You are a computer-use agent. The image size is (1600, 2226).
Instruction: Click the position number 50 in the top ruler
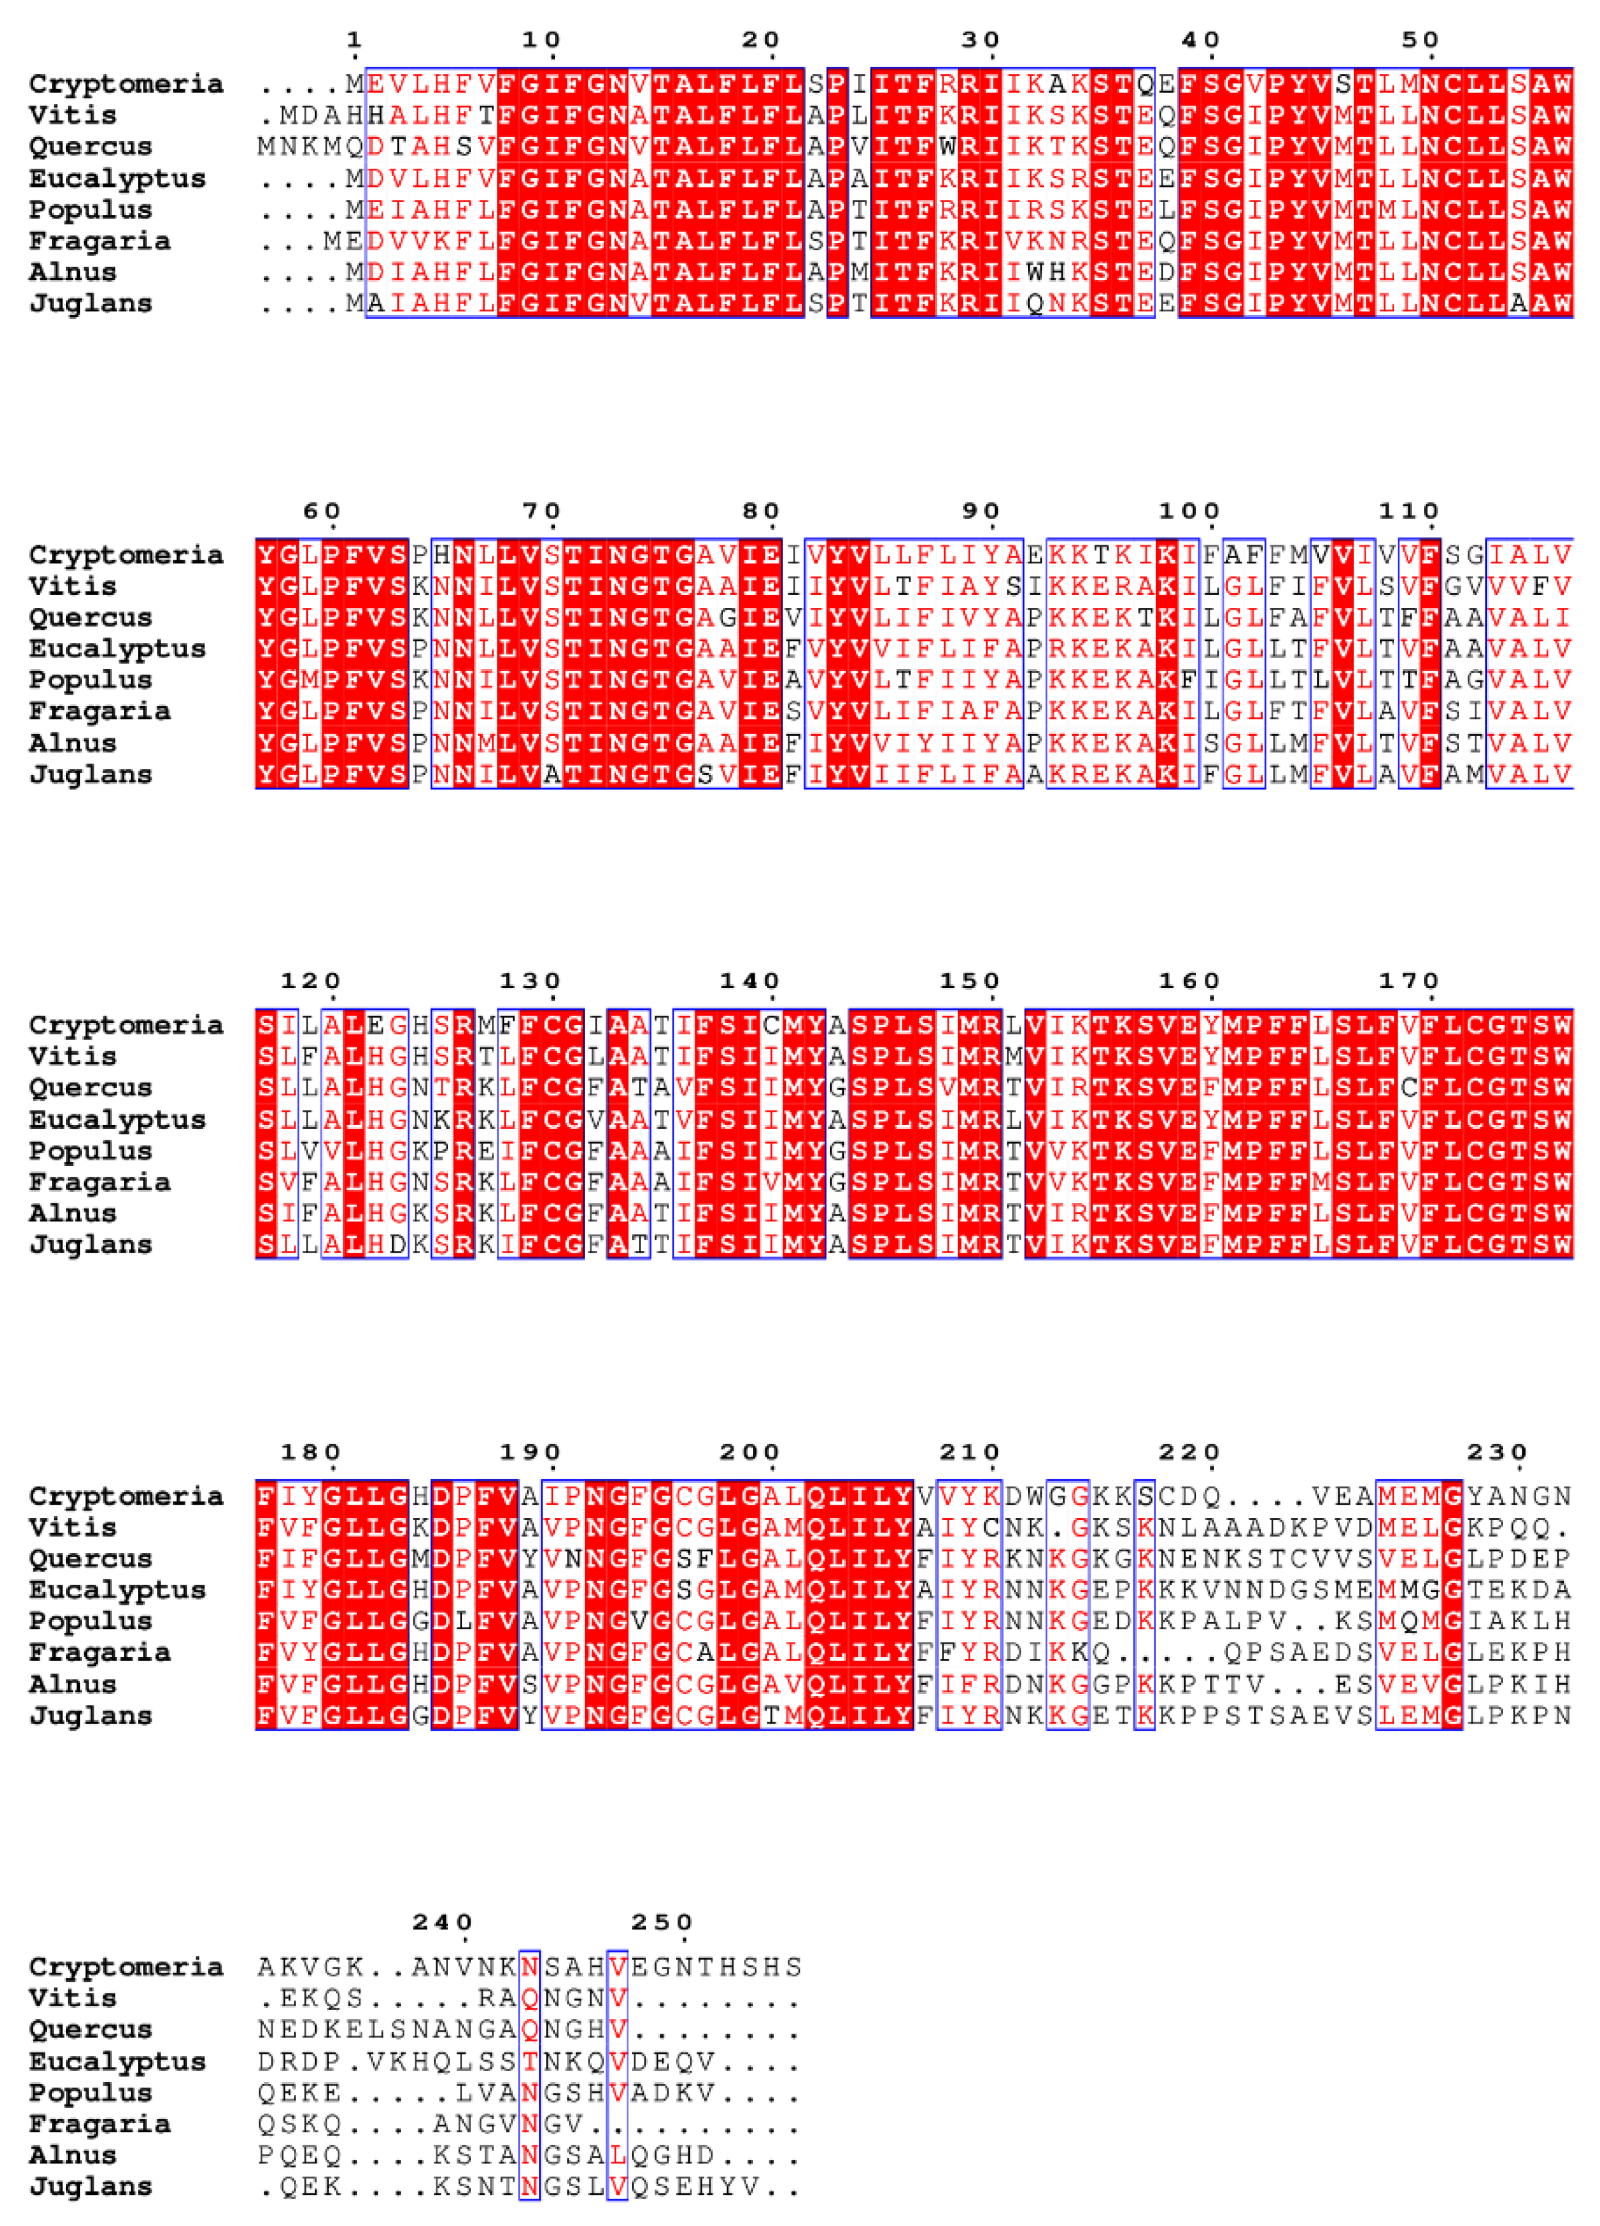point(1420,40)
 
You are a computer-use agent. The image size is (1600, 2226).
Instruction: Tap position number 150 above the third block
point(969,981)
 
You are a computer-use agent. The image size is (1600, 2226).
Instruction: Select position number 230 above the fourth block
point(1497,1452)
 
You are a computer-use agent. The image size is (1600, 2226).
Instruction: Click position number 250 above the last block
point(662,1922)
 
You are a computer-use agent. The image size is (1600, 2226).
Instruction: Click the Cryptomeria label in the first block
point(126,84)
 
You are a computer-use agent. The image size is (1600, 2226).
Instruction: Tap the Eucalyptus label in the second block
point(117,648)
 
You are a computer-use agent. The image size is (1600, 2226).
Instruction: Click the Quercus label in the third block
point(90,1087)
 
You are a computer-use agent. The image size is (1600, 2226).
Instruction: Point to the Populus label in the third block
point(90,1150)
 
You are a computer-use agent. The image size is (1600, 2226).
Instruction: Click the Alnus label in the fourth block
point(73,1684)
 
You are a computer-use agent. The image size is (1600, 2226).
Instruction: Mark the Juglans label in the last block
point(90,2186)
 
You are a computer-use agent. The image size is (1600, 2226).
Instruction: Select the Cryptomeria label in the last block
point(126,1967)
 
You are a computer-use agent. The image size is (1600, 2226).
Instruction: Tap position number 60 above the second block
point(321,511)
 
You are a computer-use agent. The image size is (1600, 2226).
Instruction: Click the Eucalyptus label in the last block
point(117,2061)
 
